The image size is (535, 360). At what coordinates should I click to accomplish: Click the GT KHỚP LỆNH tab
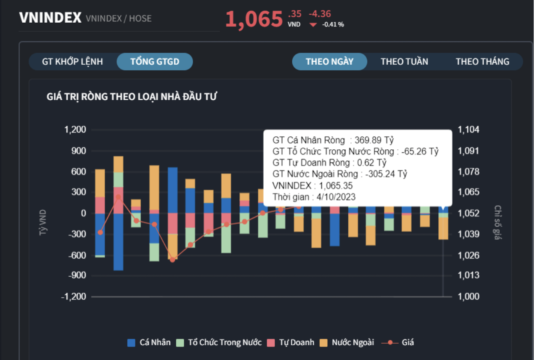tap(72, 62)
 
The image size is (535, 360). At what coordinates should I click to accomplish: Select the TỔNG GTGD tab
tap(155, 62)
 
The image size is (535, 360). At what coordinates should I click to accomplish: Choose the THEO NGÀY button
tap(329, 62)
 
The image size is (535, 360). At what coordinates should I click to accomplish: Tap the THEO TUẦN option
tap(404, 62)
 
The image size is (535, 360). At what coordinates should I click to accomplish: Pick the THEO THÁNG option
tap(482, 62)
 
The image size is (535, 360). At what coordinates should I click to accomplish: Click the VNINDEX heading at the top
tap(50, 18)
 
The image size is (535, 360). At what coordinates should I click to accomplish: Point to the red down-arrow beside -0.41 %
tap(313, 24)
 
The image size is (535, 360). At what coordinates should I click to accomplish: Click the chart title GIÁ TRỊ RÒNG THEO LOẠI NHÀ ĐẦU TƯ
tap(132, 97)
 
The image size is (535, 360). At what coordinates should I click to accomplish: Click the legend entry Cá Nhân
tap(149, 342)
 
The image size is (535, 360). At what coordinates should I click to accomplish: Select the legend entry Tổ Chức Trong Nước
tap(219, 342)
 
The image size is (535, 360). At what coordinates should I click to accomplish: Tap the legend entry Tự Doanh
tap(291, 342)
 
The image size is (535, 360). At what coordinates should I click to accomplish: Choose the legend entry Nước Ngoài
tap(347, 342)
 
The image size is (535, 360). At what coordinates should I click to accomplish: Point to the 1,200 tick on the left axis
tap(75, 130)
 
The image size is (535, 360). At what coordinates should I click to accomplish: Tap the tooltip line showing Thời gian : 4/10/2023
tap(314, 197)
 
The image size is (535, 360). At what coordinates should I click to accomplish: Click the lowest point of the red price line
tap(172, 260)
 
